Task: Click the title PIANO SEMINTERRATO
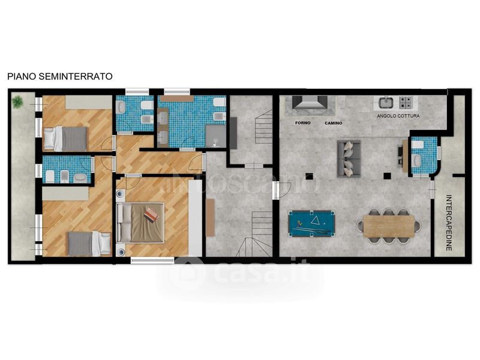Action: tap(60, 76)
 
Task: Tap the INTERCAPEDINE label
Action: tap(449, 223)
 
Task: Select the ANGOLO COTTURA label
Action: tap(398, 116)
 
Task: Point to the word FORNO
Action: tap(303, 123)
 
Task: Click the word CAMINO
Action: tap(334, 123)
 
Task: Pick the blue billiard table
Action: tap(311, 223)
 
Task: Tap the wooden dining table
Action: tap(389, 226)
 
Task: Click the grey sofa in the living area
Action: tap(349, 159)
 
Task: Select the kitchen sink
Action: tap(386, 103)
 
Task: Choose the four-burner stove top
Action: tap(406, 103)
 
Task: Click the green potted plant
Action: tap(17, 101)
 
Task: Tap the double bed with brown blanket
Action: tap(140, 223)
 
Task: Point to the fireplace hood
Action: tap(310, 103)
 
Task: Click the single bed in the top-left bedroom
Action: tap(65, 139)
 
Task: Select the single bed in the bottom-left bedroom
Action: tap(89, 244)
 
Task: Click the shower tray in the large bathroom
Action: tap(216, 136)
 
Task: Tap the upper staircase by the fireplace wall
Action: tap(263, 126)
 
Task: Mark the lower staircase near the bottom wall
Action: tap(254, 233)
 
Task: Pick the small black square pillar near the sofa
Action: tap(310, 176)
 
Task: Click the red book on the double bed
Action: tap(151, 214)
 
